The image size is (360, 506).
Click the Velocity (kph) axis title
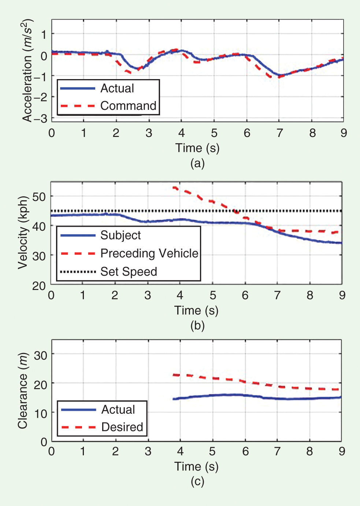(23, 232)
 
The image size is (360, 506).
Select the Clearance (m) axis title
(23, 391)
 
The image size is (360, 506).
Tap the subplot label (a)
(197, 163)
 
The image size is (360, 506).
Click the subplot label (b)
(197, 325)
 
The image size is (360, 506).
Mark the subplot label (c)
(197, 481)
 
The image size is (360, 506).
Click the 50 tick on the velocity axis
(39, 197)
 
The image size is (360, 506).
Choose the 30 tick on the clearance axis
(40, 355)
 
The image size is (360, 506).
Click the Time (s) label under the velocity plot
(196, 310)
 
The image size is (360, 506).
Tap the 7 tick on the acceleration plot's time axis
(279, 133)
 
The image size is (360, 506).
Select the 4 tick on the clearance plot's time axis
(180, 451)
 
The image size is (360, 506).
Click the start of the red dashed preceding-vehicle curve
(174, 188)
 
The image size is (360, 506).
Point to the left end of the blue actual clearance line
(174, 399)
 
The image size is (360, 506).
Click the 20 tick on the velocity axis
(39, 286)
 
